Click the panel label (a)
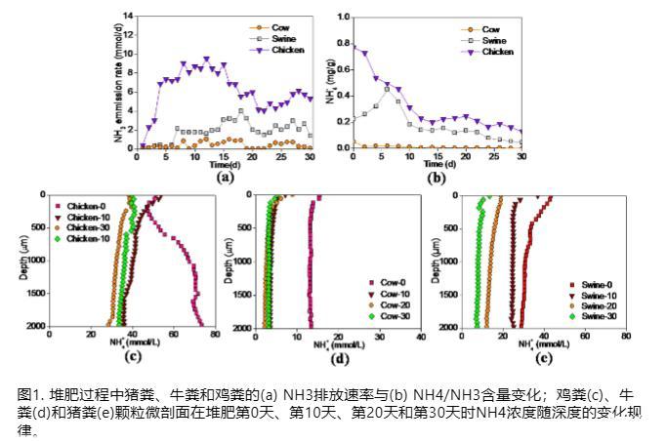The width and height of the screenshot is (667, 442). pyautogui.click(x=225, y=178)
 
